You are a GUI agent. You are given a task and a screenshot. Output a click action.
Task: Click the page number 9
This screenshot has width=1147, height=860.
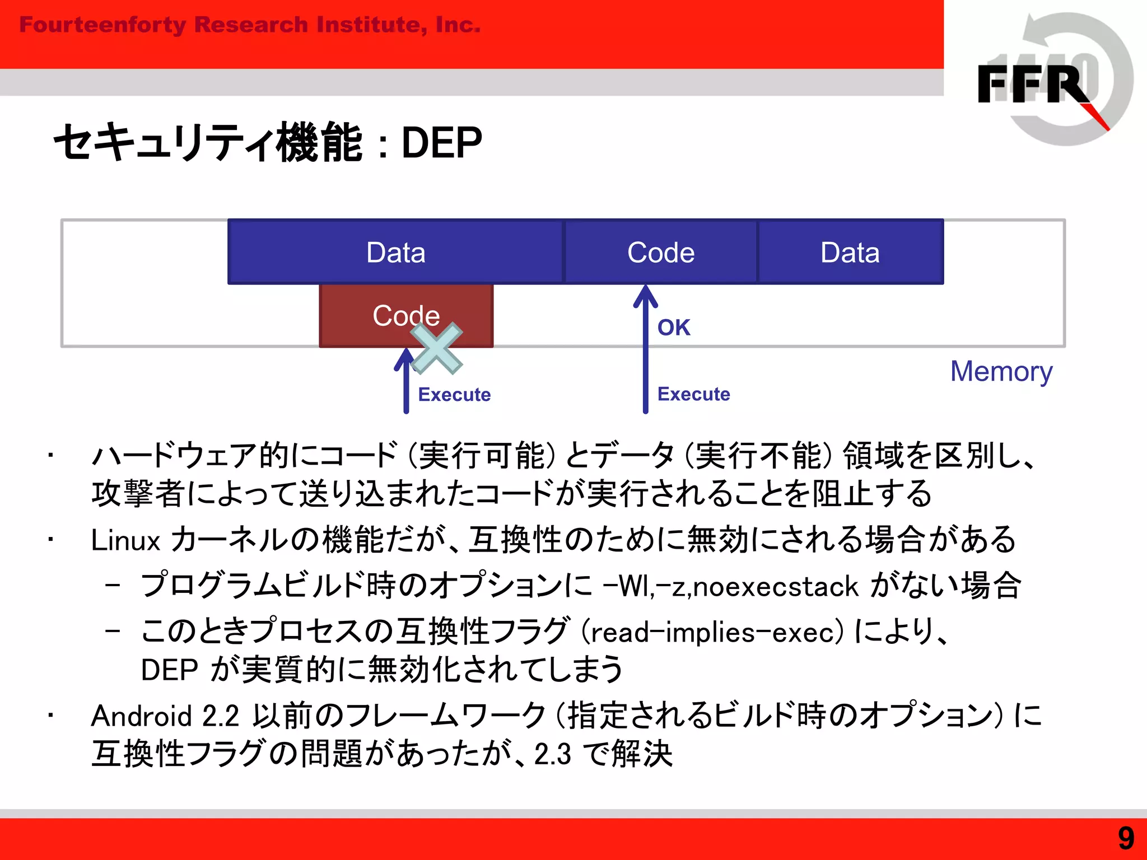coord(1126,839)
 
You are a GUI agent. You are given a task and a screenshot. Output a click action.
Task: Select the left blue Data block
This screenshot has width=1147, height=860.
coord(395,253)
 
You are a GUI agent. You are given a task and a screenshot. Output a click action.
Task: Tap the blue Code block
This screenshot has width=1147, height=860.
coord(660,253)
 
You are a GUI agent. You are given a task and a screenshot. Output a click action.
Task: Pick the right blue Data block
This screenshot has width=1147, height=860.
coord(850,253)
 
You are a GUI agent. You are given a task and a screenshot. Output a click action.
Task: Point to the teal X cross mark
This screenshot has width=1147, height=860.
coord(436,348)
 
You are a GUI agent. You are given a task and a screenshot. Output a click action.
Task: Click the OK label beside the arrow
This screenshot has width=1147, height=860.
coord(673,328)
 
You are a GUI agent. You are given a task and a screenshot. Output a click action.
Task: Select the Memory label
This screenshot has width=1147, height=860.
coord(1001,372)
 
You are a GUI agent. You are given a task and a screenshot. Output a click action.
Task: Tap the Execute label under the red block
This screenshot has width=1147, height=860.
coord(454,395)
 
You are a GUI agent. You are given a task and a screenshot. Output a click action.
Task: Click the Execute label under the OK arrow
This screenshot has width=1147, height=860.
coord(693,394)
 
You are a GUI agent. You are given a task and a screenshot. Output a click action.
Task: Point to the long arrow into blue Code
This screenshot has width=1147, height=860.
coord(645,358)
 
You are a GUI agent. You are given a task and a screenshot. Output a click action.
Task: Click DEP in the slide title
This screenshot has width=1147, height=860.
coord(441,143)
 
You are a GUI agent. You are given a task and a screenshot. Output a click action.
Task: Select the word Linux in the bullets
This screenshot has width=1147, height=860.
coord(125,541)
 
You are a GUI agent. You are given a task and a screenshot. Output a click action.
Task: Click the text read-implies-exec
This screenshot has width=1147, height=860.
coord(712,633)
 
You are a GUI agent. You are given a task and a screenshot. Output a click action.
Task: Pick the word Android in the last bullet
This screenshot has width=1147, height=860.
coord(142,716)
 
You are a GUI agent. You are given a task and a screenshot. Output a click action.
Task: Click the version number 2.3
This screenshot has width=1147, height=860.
coord(552,754)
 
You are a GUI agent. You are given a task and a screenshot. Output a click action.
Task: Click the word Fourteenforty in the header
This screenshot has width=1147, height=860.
coord(102,25)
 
